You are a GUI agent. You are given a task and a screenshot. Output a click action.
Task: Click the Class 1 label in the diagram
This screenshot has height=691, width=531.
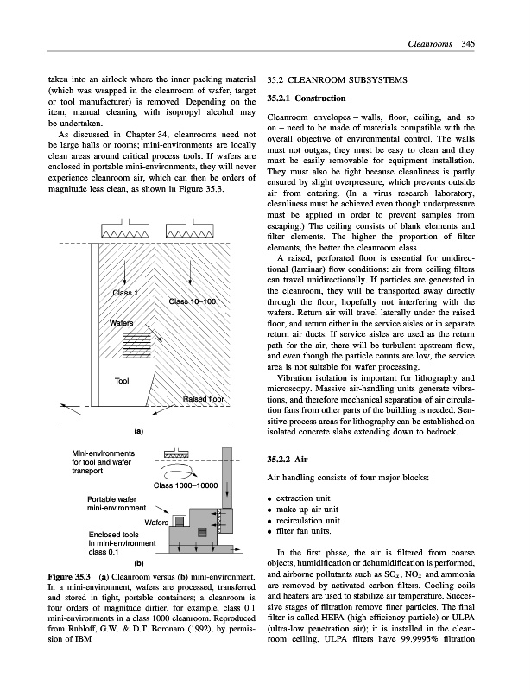coord(126,294)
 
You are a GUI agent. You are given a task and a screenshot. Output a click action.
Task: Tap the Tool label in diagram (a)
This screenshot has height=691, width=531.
coord(122,380)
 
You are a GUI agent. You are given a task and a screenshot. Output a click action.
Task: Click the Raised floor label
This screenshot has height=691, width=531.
coord(204,399)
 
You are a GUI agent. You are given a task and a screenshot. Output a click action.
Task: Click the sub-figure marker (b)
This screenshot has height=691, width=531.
coord(138,561)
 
